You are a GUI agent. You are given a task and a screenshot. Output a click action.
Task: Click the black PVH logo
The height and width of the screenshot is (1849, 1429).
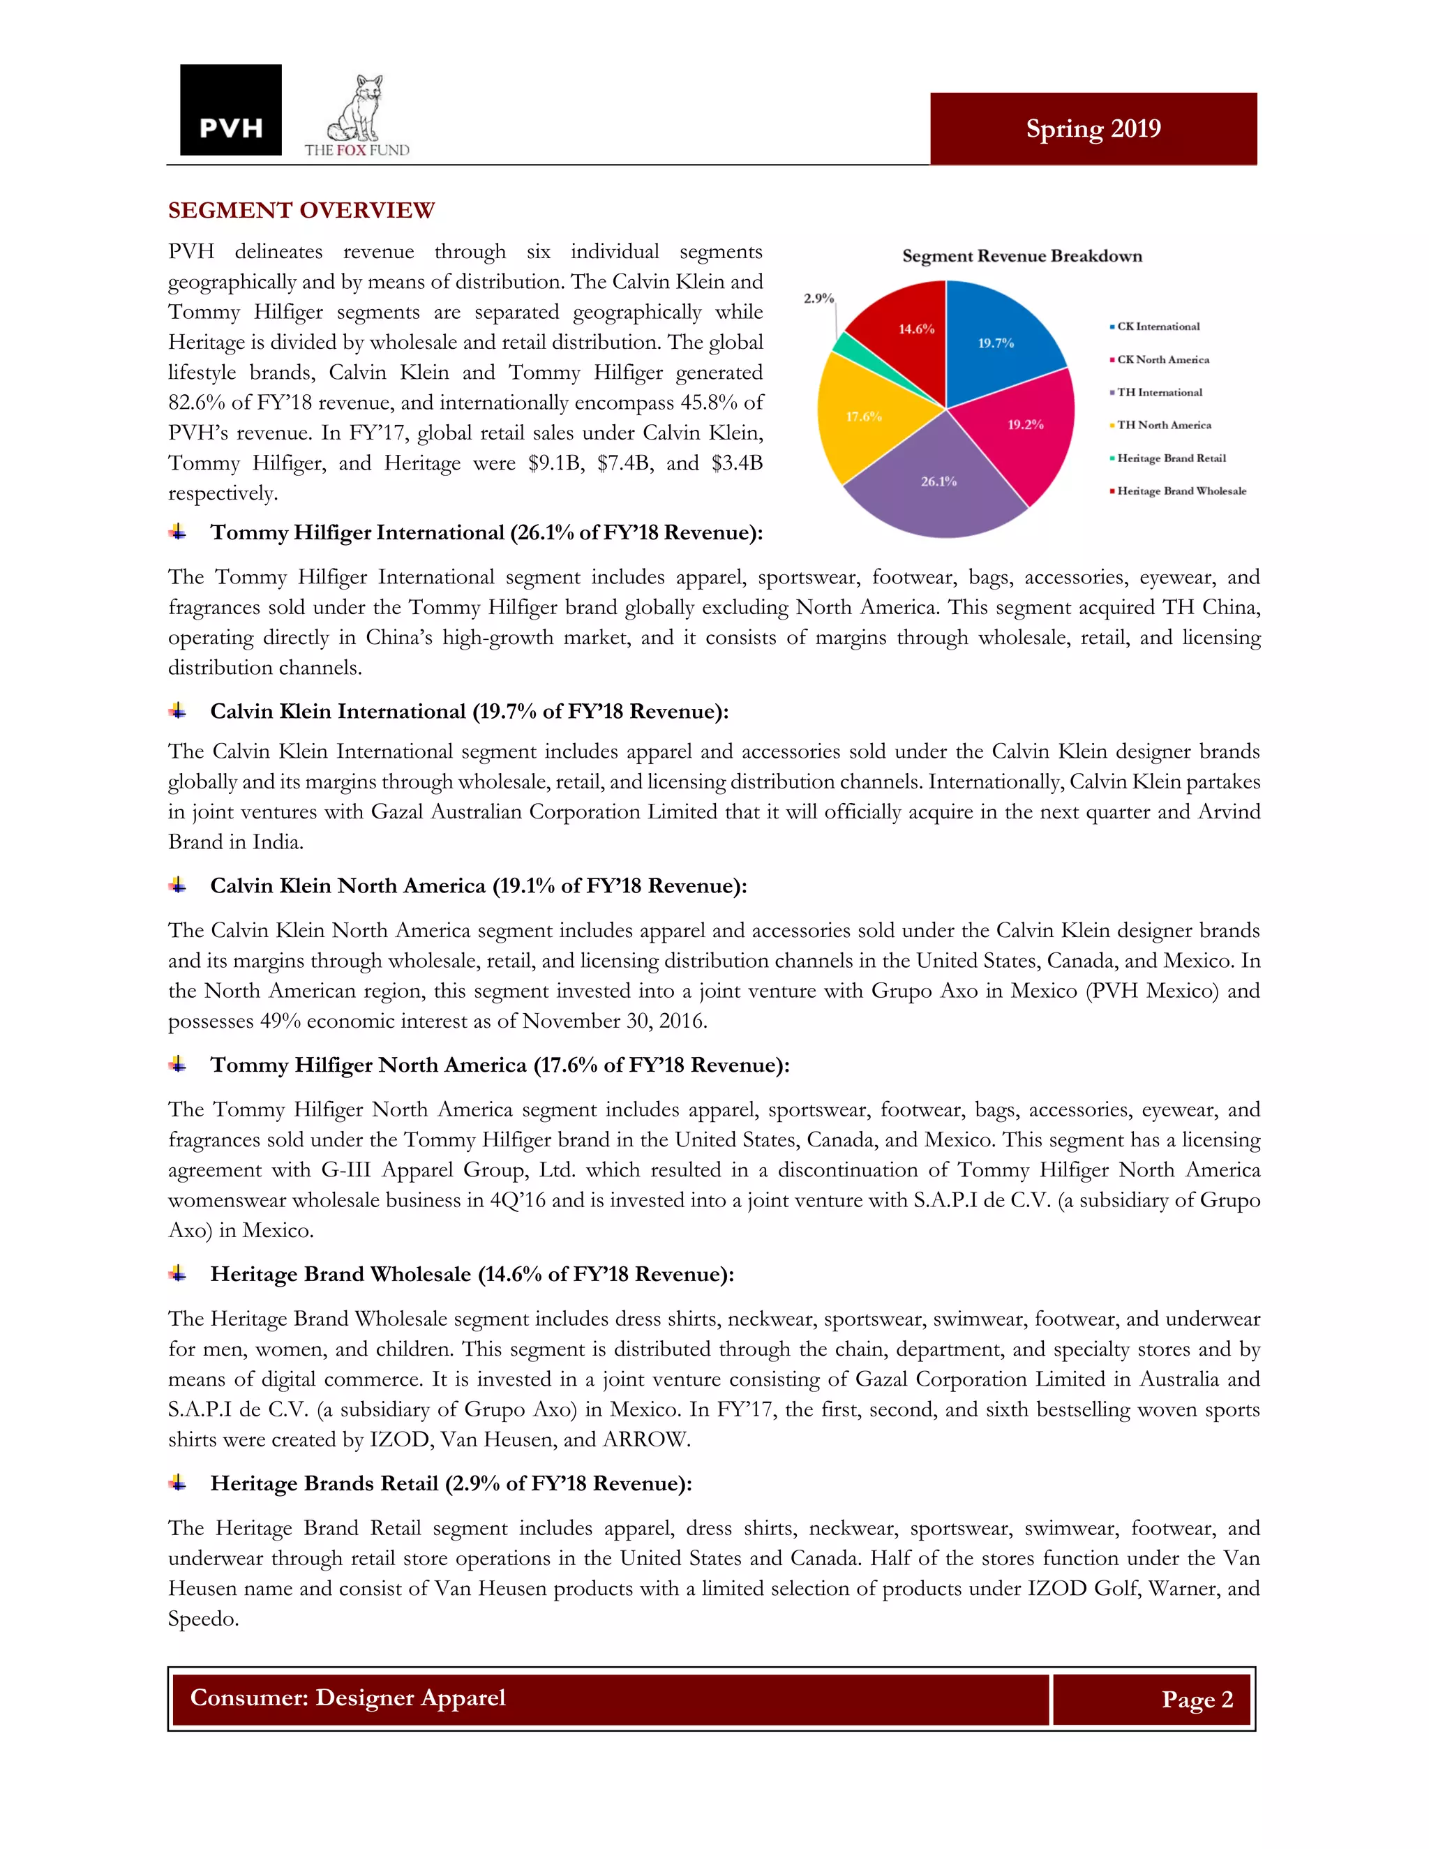(x=230, y=110)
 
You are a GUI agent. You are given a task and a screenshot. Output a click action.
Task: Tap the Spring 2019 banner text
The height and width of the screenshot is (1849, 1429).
(x=1093, y=128)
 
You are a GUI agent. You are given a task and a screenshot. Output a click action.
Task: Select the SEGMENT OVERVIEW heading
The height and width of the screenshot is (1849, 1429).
(x=301, y=210)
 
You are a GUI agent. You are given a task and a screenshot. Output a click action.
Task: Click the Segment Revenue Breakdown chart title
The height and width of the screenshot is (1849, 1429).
(x=1022, y=255)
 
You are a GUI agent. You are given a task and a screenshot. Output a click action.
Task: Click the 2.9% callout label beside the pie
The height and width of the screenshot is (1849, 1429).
(x=818, y=298)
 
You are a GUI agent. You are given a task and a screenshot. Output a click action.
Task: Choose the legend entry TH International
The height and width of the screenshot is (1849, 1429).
(x=1159, y=392)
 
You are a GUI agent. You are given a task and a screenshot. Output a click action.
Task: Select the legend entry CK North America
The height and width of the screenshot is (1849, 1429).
(x=1162, y=360)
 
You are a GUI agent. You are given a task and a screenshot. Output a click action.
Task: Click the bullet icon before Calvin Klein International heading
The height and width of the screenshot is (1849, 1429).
(x=178, y=710)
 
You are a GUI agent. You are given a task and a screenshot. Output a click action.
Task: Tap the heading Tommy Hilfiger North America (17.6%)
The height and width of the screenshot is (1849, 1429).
(x=500, y=1064)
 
